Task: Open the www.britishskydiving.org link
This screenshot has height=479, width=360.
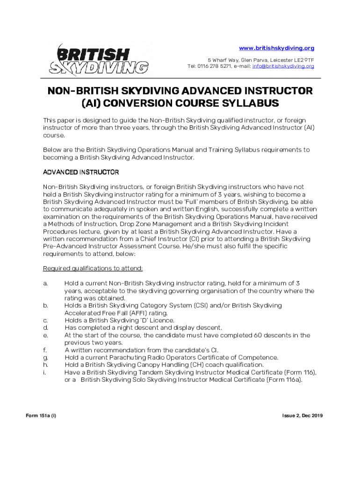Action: tap(276, 48)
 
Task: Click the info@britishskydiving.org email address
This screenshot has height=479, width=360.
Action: tap(283, 66)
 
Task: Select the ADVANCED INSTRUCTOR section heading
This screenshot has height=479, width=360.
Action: tap(81, 172)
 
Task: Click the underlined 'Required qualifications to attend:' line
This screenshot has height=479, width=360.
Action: tap(93, 268)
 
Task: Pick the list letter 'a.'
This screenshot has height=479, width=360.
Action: tap(45, 283)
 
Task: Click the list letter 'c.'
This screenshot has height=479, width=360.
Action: tap(45, 320)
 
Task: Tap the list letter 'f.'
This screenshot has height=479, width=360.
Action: tap(45, 350)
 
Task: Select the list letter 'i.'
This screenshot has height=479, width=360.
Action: tap(44, 372)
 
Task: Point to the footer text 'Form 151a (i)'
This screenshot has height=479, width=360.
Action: tap(40, 416)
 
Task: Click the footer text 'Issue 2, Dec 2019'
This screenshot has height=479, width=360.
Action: tap(302, 416)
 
